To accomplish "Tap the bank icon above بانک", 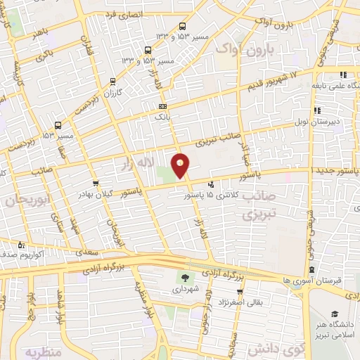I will coord(163,106).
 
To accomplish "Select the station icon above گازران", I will coord(112,82).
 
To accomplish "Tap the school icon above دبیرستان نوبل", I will coord(317,110).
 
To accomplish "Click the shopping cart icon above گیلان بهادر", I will coord(96,183).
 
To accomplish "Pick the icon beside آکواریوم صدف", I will coord(21,245).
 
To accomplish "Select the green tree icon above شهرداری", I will coord(186,277).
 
